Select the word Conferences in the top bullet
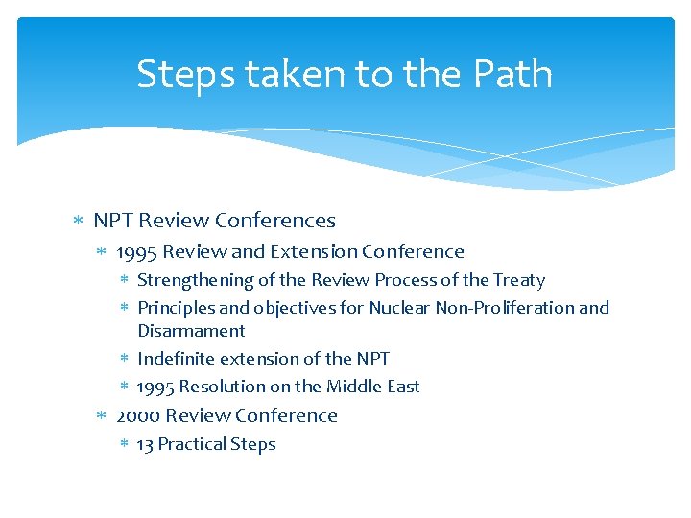pos(275,221)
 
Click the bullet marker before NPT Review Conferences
pos(79,222)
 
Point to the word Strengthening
pos(195,281)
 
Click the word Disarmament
pos(191,331)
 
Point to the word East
pos(401,387)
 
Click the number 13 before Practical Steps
pos(145,444)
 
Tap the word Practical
pos(190,444)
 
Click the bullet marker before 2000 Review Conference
pos(102,416)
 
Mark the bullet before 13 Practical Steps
pos(124,444)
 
